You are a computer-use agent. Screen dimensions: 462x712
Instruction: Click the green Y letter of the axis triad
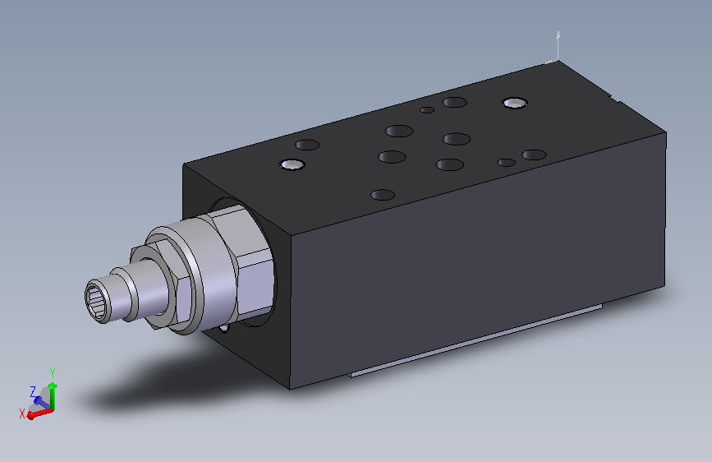53,372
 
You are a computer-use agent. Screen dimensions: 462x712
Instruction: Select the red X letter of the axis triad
21,413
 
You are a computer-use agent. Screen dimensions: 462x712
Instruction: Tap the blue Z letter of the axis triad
33,391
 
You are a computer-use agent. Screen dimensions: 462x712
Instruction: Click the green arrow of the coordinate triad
52,394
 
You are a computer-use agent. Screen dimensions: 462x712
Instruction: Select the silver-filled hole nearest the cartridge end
291,164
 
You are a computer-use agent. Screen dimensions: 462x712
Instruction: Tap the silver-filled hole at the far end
515,102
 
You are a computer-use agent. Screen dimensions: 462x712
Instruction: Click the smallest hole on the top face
427,109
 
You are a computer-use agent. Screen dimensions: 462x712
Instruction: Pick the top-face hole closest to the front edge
383,195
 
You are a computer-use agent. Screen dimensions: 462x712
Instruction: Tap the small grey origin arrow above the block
558,41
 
